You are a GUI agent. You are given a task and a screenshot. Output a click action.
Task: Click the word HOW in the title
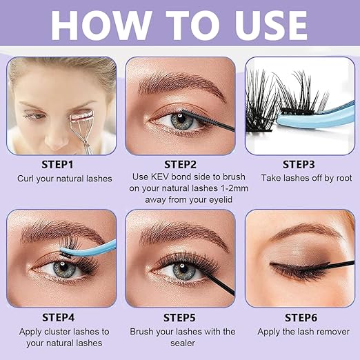101,25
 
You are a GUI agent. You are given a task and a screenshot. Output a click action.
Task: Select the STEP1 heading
57,165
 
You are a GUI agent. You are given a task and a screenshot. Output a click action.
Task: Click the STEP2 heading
180,165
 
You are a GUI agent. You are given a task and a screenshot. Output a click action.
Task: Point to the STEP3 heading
299,165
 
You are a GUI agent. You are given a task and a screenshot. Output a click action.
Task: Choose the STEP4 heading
59,317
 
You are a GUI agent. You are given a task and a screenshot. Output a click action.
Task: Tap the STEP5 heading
179,318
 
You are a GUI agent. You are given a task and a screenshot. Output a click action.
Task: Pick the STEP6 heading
301,318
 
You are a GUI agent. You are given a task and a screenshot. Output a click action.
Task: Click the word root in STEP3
344,178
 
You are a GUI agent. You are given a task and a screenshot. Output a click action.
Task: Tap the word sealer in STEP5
183,343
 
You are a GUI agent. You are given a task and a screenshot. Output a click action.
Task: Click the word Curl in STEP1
26,179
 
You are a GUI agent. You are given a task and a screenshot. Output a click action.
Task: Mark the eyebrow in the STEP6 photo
306,231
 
